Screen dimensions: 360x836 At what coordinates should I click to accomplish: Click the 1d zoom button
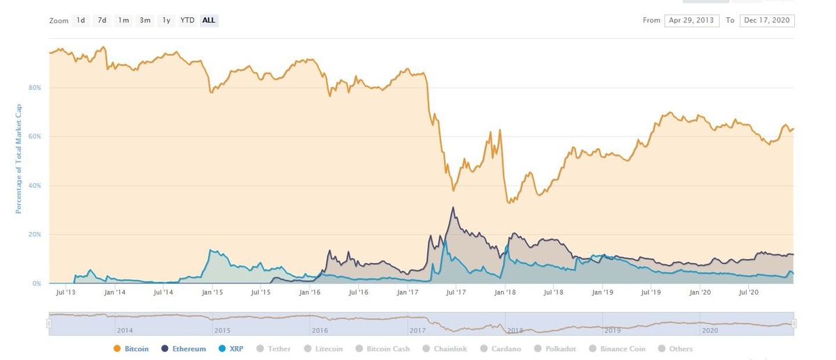pyautogui.click(x=81, y=20)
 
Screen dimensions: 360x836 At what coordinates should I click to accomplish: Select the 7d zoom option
pyautogui.click(x=102, y=20)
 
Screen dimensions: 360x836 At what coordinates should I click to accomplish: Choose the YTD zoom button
pyautogui.click(x=187, y=20)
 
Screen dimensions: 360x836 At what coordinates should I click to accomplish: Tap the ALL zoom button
pyautogui.click(x=208, y=20)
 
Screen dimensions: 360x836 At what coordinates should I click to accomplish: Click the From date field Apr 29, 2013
pyautogui.click(x=692, y=20)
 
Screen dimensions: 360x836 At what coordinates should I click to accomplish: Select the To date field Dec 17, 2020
pyautogui.click(x=766, y=20)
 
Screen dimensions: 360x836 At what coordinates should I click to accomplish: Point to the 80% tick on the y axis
pyautogui.click(x=36, y=88)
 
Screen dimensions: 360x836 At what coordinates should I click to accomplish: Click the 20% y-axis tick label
pyautogui.click(x=36, y=235)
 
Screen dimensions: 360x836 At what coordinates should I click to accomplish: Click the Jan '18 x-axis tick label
pyautogui.click(x=506, y=292)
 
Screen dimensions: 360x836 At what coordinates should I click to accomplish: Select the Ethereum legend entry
pyautogui.click(x=185, y=349)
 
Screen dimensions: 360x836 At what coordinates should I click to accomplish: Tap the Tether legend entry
pyautogui.click(x=274, y=349)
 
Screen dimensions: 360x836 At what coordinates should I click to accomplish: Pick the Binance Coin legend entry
pyautogui.click(x=618, y=349)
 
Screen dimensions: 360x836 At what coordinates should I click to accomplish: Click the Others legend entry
pyautogui.click(x=675, y=349)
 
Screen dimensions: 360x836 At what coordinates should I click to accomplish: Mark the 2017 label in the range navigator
pyautogui.click(x=418, y=330)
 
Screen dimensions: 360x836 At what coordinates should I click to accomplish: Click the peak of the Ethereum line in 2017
pyautogui.click(x=453, y=208)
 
